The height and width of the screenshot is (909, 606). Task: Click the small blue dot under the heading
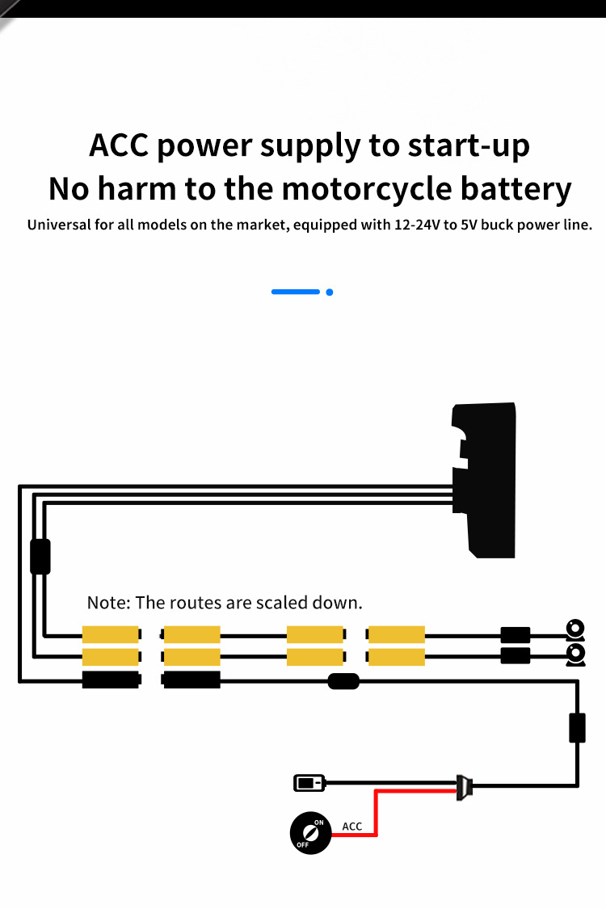tap(330, 292)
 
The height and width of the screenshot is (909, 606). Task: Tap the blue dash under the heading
tap(296, 292)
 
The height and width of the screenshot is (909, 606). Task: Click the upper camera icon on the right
tap(575, 629)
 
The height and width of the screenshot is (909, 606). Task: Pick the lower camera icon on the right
tap(575, 654)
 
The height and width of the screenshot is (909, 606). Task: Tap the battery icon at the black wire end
tap(308, 782)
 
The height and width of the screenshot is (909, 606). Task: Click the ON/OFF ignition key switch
tap(310, 833)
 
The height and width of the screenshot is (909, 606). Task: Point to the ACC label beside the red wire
tap(352, 827)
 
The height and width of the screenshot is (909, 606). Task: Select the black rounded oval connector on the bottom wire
tap(343, 681)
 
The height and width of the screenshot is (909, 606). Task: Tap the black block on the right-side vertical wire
tap(577, 727)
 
